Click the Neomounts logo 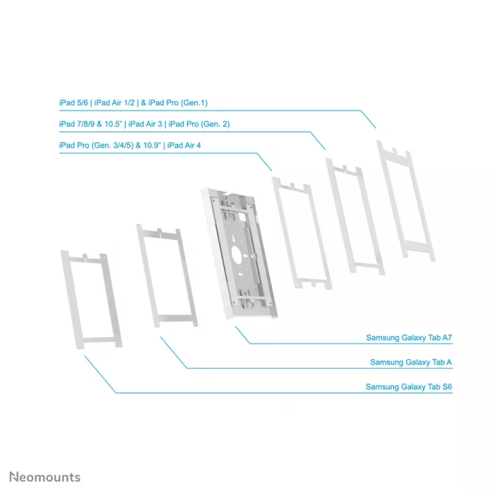(45, 477)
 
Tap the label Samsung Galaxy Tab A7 (409, 338)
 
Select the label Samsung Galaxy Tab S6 (409, 387)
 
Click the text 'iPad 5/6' (74, 102)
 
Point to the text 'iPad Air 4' (184, 145)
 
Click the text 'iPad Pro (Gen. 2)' (199, 124)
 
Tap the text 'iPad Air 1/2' (114, 102)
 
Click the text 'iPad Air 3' (145, 124)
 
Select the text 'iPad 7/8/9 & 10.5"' (90, 124)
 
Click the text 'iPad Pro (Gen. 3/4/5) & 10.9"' (110, 145)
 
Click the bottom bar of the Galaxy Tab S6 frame (98, 340)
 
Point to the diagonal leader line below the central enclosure (243, 335)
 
